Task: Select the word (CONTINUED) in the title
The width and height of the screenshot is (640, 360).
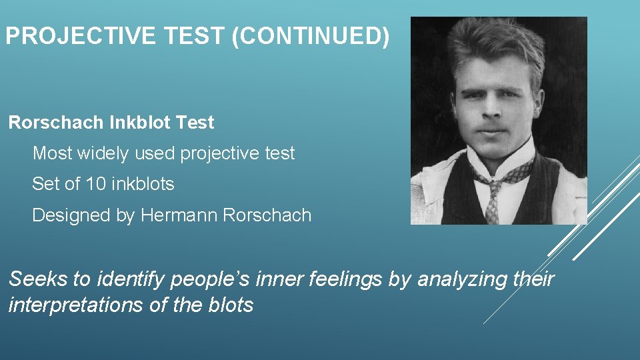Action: point(310,37)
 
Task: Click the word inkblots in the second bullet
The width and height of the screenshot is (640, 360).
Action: point(143,184)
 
